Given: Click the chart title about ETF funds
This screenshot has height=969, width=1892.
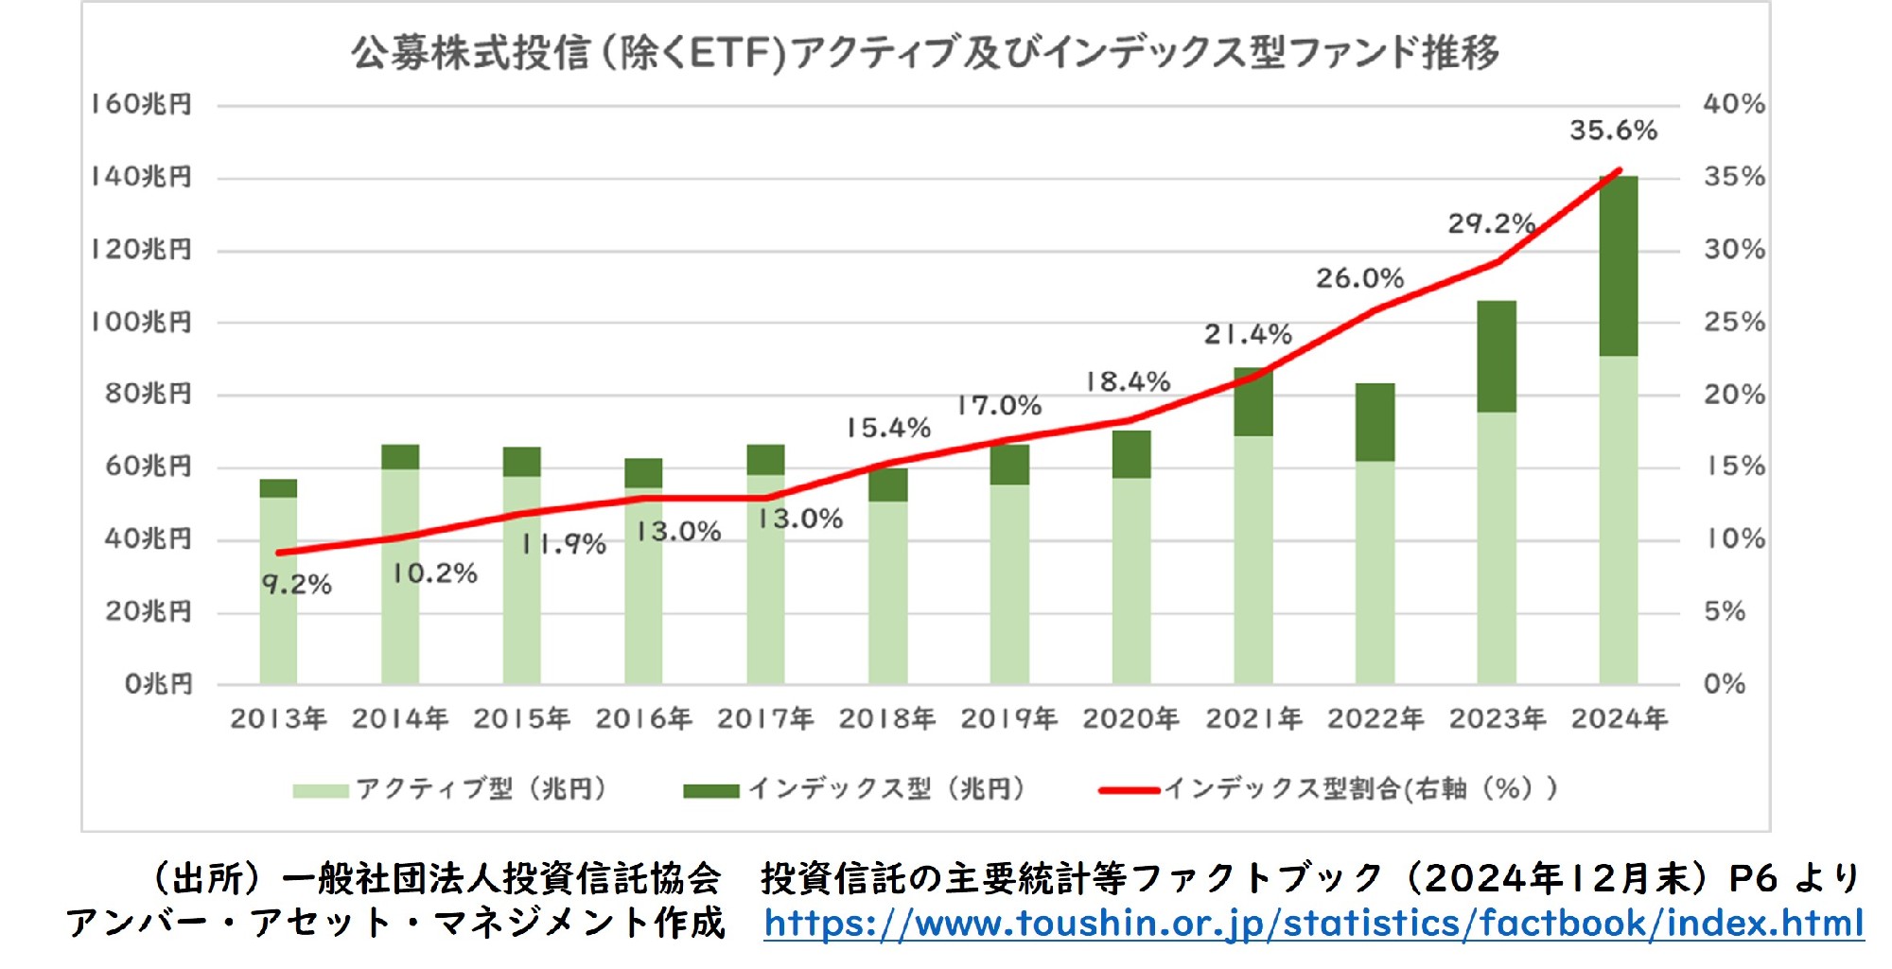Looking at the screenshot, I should tap(925, 53).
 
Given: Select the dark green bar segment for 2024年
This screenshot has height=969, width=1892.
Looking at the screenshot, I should tap(1618, 266).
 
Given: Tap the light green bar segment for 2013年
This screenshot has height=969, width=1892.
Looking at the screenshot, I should tap(278, 590).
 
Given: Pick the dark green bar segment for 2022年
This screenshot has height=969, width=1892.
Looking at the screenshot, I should tap(1375, 422).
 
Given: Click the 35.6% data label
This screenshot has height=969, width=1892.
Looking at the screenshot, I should tap(1613, 131).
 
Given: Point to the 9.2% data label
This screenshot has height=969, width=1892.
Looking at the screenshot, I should tap(296, 585).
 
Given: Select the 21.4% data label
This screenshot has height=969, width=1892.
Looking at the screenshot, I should tap(1247, 334).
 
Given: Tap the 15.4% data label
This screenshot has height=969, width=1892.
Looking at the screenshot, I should tap(887, 428).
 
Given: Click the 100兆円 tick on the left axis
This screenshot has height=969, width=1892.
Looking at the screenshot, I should tap(141, 323).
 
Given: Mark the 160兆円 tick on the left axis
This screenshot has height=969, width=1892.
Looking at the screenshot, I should tap(141, 104).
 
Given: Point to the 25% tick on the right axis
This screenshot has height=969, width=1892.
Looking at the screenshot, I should tap(1734, 323).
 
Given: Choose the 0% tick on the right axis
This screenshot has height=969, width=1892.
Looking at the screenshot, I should tap(1724, 683).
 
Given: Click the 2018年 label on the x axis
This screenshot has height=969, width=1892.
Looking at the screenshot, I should tap(886, 719).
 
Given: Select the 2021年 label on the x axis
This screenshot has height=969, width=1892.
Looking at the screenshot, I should tap(1253, 719).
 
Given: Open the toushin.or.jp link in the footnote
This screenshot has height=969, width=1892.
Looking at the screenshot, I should tap(1313, 924).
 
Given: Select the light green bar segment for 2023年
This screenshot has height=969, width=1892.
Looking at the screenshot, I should tap(1496, 548).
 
